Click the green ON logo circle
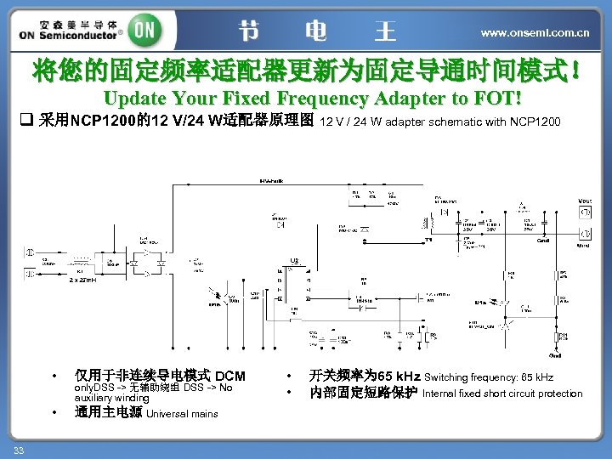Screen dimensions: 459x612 pyautogui.click(x=145, y=30)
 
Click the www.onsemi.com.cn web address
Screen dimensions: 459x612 pyautogui.click(x=535, y=33)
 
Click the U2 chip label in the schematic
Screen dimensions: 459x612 pyautogui.click(x=294, y=260)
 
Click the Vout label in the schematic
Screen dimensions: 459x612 pyautogui.click(x=585, y=201)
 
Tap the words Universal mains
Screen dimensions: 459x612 pyautogui.click(x=182, y=414)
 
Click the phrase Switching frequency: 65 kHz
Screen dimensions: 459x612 pyautogui.click(x=488, y=377)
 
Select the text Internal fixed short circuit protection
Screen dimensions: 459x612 pyautogui.click(x=501, y=394)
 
